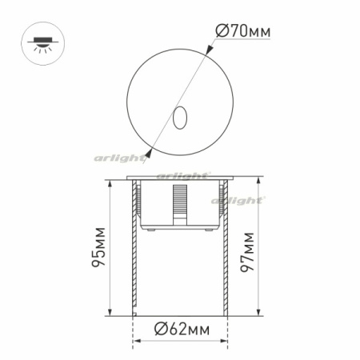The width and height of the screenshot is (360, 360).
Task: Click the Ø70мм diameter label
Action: pos(243,31)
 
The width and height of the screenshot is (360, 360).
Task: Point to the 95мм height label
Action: pos(98,248)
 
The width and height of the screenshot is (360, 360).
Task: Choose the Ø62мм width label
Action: pos(181,328)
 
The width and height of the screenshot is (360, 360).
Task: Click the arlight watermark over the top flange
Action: pos(182,174)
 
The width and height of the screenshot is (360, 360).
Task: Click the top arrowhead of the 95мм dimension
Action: pos(108,185)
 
